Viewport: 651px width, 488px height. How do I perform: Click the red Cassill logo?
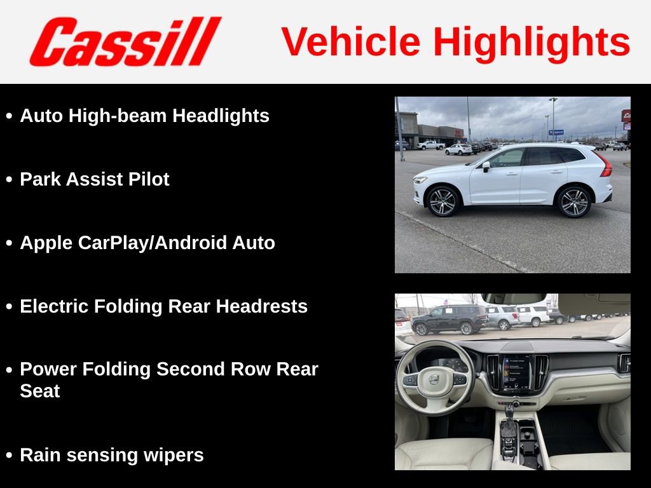tap(125, 41)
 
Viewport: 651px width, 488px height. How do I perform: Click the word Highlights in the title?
tap(531, 42)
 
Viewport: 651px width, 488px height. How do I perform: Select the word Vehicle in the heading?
tap(351, 42)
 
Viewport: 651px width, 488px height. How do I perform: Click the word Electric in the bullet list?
tap(55, 306)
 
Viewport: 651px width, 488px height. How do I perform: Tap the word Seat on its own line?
tap(39, 391)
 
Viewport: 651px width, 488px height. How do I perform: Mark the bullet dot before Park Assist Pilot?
tap(9, 180)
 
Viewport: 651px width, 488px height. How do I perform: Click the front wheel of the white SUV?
tap(443, 201)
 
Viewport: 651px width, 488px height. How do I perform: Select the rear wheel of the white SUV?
tap(573, 202)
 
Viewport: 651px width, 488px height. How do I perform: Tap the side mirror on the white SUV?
tap(486, 166)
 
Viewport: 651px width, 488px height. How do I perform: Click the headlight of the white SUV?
tap(420, 180)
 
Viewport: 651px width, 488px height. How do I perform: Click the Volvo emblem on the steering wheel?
tap(434, 379)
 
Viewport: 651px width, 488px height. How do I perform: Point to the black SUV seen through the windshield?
tap(449, 318)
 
